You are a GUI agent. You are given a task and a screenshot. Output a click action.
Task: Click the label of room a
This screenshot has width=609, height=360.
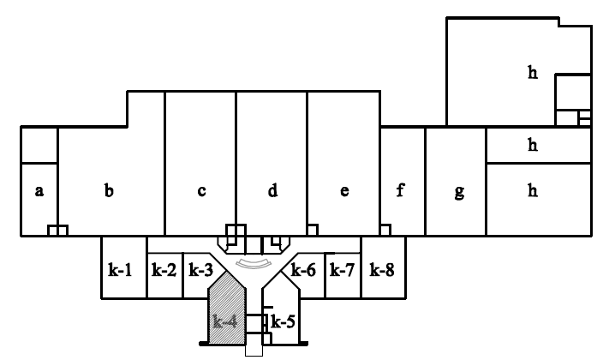click(39, 191)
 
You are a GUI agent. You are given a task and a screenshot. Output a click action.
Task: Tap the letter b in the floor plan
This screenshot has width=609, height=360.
click(109, 191)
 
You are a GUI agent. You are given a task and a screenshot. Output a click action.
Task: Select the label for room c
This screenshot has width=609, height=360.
click(201, 191)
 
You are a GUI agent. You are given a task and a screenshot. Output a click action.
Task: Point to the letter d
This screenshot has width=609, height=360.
click(272, 191)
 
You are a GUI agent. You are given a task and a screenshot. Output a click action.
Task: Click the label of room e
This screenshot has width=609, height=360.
click(343, 191)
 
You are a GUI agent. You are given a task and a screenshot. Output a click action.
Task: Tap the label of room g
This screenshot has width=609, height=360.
click(459, 192)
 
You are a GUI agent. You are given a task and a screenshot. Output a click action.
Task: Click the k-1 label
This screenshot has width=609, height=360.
click(121, 270)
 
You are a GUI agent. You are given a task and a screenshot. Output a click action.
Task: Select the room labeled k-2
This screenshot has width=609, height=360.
click(164, 270)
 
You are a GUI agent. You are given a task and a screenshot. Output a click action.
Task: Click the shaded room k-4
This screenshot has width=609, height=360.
click(226, 322)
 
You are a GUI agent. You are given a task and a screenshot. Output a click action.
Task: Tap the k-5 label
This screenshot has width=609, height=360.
click(283, 322)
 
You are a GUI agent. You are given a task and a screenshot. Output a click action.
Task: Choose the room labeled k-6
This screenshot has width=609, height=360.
click(304, 270)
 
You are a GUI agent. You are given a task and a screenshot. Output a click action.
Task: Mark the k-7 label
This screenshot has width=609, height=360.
click(342, 270)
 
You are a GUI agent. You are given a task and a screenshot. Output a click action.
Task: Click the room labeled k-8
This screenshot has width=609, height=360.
click(381, 270)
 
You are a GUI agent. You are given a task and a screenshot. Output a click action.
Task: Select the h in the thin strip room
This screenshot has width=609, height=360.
click(532, 145)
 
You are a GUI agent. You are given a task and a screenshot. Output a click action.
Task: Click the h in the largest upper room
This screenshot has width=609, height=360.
click(532, 73)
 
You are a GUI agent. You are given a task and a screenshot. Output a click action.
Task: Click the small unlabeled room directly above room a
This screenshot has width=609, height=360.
click(39, 145)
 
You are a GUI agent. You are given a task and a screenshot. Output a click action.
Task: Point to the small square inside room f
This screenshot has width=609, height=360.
click(386, 230)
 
